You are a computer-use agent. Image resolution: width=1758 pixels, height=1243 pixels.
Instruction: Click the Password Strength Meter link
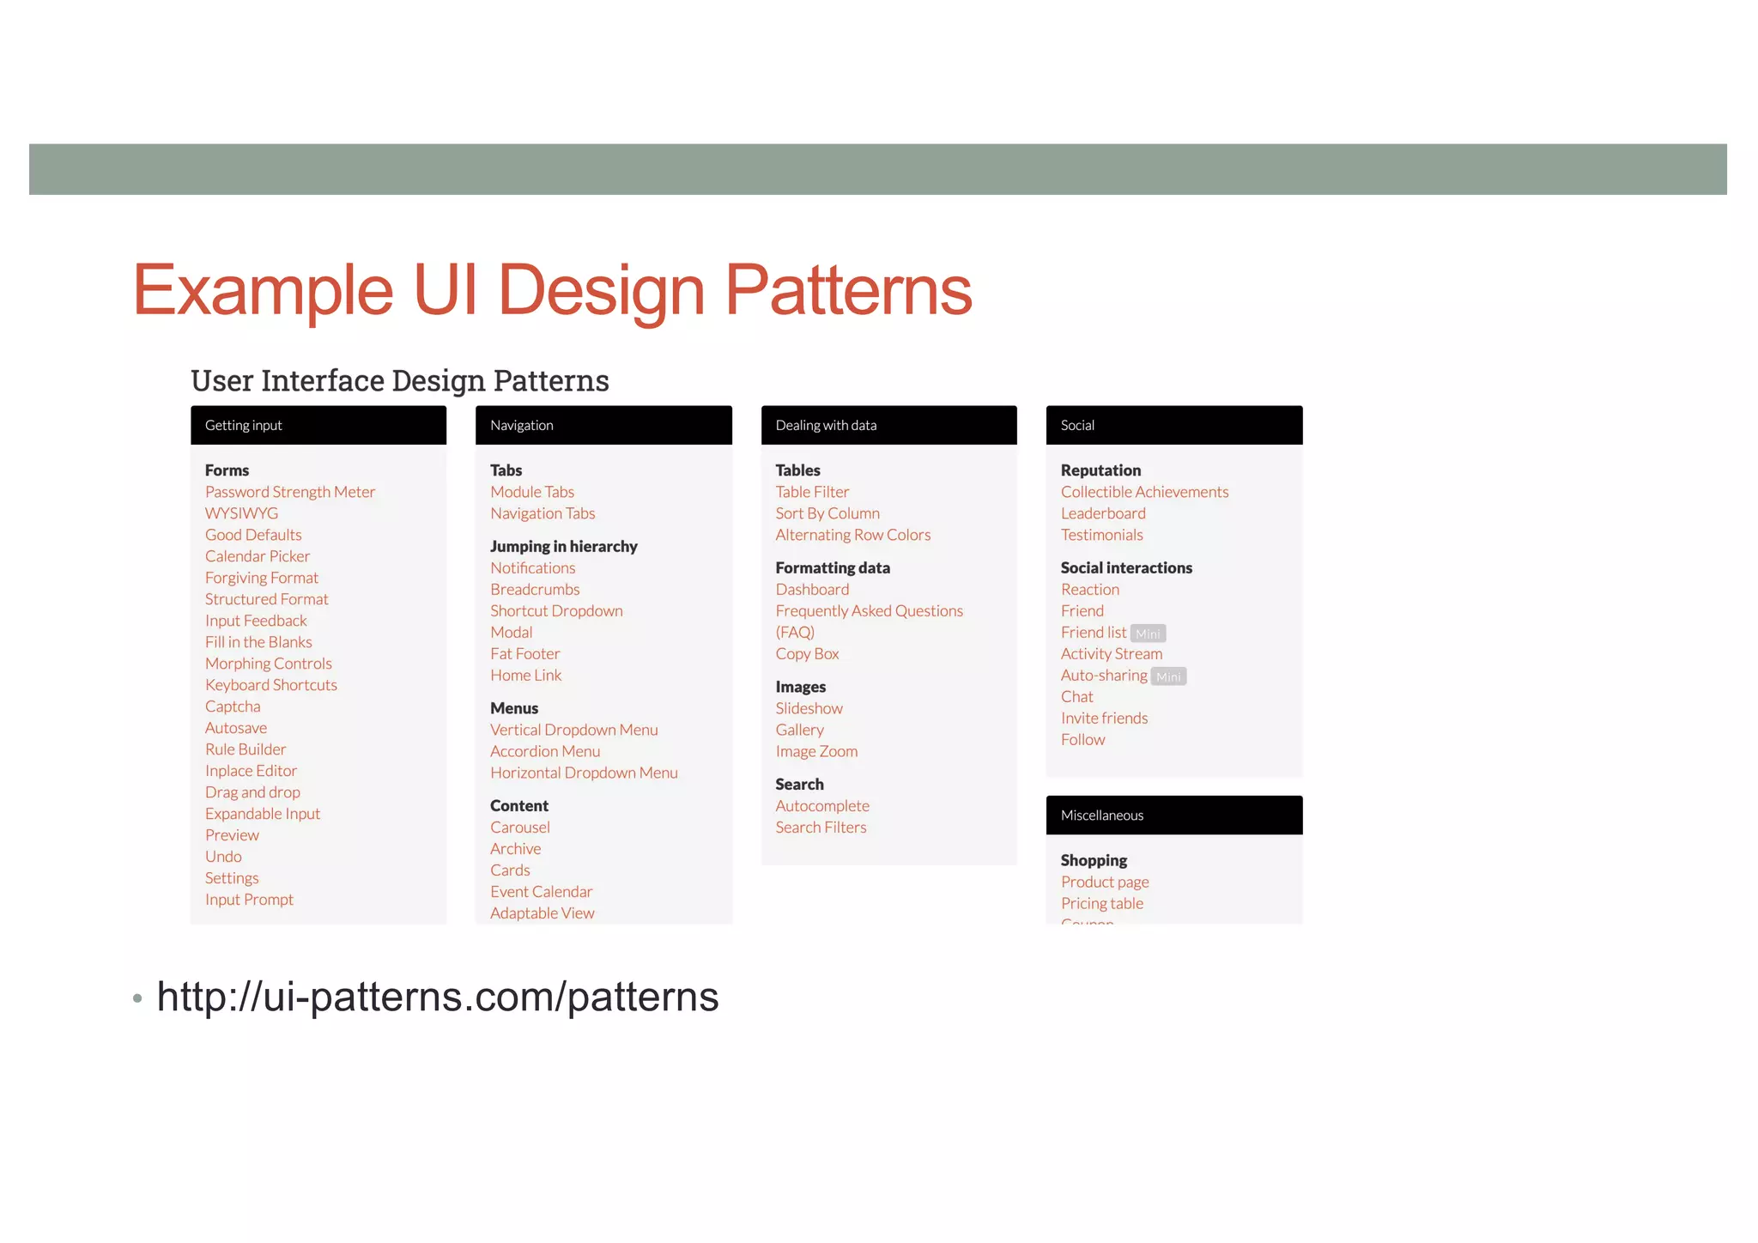(x=289, y=492)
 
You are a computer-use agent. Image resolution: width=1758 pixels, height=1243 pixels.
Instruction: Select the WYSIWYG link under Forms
(x=241, y=513)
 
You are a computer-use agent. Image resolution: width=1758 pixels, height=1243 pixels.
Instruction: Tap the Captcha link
(x=232, y=706)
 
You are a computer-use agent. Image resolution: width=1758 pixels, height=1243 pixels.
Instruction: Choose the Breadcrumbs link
(x=535, y=590)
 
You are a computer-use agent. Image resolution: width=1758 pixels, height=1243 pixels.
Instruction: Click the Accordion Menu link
(x=545, y=751)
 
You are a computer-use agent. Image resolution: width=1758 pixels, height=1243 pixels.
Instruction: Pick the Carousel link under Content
(x=519, y=828)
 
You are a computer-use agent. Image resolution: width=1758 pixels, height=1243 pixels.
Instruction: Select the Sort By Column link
(x=827, y=513)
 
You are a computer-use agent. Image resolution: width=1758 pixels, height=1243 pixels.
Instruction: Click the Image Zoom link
(x=815, y=751)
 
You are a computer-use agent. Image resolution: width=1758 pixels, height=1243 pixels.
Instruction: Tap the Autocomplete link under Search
(x=821, y=806)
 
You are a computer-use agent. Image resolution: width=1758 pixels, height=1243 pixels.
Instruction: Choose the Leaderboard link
(x=1102, y=513)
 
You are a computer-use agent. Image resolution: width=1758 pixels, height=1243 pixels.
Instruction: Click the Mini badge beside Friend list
(x=1148, y=634)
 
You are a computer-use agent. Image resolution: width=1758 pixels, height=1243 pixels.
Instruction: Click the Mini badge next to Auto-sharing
(x=1168, y=676)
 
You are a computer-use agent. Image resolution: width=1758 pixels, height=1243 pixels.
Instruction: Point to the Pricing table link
(x=1101, y=903)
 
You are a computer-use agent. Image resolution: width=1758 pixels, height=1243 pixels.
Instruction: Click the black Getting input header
(x=318, y=425)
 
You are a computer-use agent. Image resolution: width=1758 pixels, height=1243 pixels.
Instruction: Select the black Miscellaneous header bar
(x=1173, y=815)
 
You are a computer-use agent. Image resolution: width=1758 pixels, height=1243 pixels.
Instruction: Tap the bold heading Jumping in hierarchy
(x=563, y=547)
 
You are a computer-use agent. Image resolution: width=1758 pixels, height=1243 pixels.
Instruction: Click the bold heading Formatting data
(x=832, y=568)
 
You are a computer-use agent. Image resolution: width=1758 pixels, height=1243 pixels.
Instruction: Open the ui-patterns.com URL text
(x=437, y=997)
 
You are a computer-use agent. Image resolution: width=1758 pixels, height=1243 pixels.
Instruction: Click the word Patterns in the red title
(x=848, y=290)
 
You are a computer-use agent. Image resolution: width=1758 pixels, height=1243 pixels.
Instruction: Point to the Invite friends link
(x=1104, y=719)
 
